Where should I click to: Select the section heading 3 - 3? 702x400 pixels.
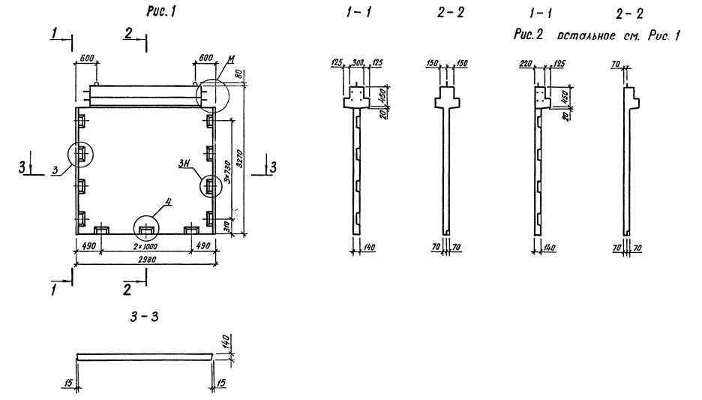coord(146,318)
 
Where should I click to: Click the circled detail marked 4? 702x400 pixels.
coord(146,227)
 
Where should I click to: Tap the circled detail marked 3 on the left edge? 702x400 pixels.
coord(80,155)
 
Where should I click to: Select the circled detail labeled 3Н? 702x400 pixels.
coord(211,185)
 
